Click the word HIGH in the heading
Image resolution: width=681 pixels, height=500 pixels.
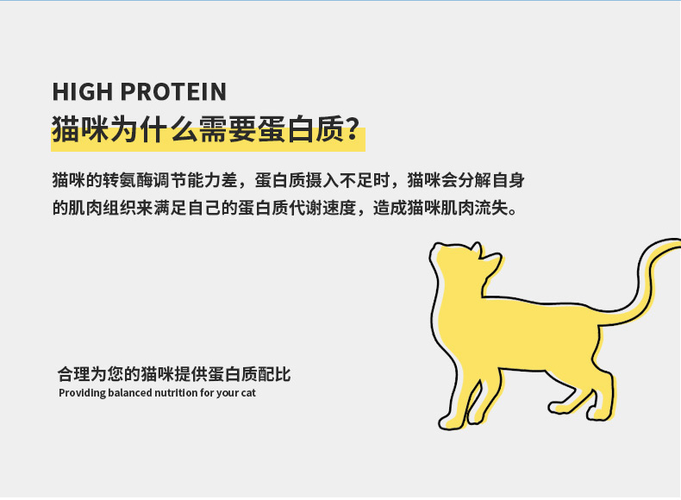coord(83,91)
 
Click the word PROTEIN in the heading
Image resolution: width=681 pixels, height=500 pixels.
coord(173,91)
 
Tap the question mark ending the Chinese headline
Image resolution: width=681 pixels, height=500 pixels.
coord(353,128)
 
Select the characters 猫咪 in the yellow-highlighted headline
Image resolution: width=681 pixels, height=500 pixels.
coord(80,129)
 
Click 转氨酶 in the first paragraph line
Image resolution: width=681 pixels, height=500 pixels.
coord(128,180)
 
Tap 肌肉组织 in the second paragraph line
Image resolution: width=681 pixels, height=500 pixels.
coord(103,208)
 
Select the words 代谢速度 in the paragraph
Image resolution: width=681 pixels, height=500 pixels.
coord(322,208)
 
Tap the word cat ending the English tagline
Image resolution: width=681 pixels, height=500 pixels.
coord(248,393)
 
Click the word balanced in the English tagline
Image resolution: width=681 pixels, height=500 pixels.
coord(130,393)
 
